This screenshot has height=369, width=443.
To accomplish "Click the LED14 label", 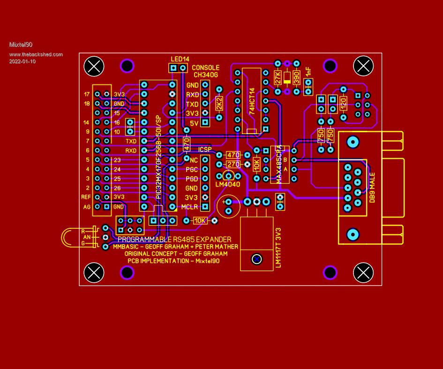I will pyautogui.click(x=180, y=60).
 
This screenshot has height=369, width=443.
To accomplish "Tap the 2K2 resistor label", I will pyautogui.click(x=219, y=103).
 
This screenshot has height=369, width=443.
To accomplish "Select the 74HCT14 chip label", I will pyautogui.click(x=252, y=101).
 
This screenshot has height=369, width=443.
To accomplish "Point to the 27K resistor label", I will pyautogui.click(x=278, y=77).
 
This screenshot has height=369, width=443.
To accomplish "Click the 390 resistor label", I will pyautogui.click(x=296, y=77).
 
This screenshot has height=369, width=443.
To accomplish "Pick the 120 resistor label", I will pyautogui.click(x=343, y=103).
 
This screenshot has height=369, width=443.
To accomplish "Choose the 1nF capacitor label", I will pyautogui.click(x=308, y=72).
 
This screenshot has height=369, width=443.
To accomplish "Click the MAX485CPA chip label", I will pyautogui.click(x=279, y=164).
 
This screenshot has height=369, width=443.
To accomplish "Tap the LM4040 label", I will pyautogui.click(x=228, y=184).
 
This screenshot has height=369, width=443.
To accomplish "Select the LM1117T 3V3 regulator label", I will pyautogui.click(x=278, y=248).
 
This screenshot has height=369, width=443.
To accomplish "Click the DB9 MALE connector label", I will pyautogui.click(x=372, y=188).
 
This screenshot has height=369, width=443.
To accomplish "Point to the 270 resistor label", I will pyautogui.click(x=233, y=165).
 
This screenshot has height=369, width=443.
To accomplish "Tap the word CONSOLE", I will pyautogui.click(x=205, y=68).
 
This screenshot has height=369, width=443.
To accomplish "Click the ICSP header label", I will pyautogui.click(x=205, y=150).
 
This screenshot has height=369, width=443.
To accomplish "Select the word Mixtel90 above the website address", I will pyautogui.click(x=21, y=45).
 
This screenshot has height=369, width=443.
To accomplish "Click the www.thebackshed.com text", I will pyautogui.click(x=36, y=54).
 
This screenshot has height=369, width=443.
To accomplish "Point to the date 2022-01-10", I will pyautogui.click(x=22, y=61).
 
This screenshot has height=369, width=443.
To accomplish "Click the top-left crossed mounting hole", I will pyautogui.click(x=94, y=66).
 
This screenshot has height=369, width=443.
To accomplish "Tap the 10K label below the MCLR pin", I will pyautogui.click(x=200, y=220).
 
